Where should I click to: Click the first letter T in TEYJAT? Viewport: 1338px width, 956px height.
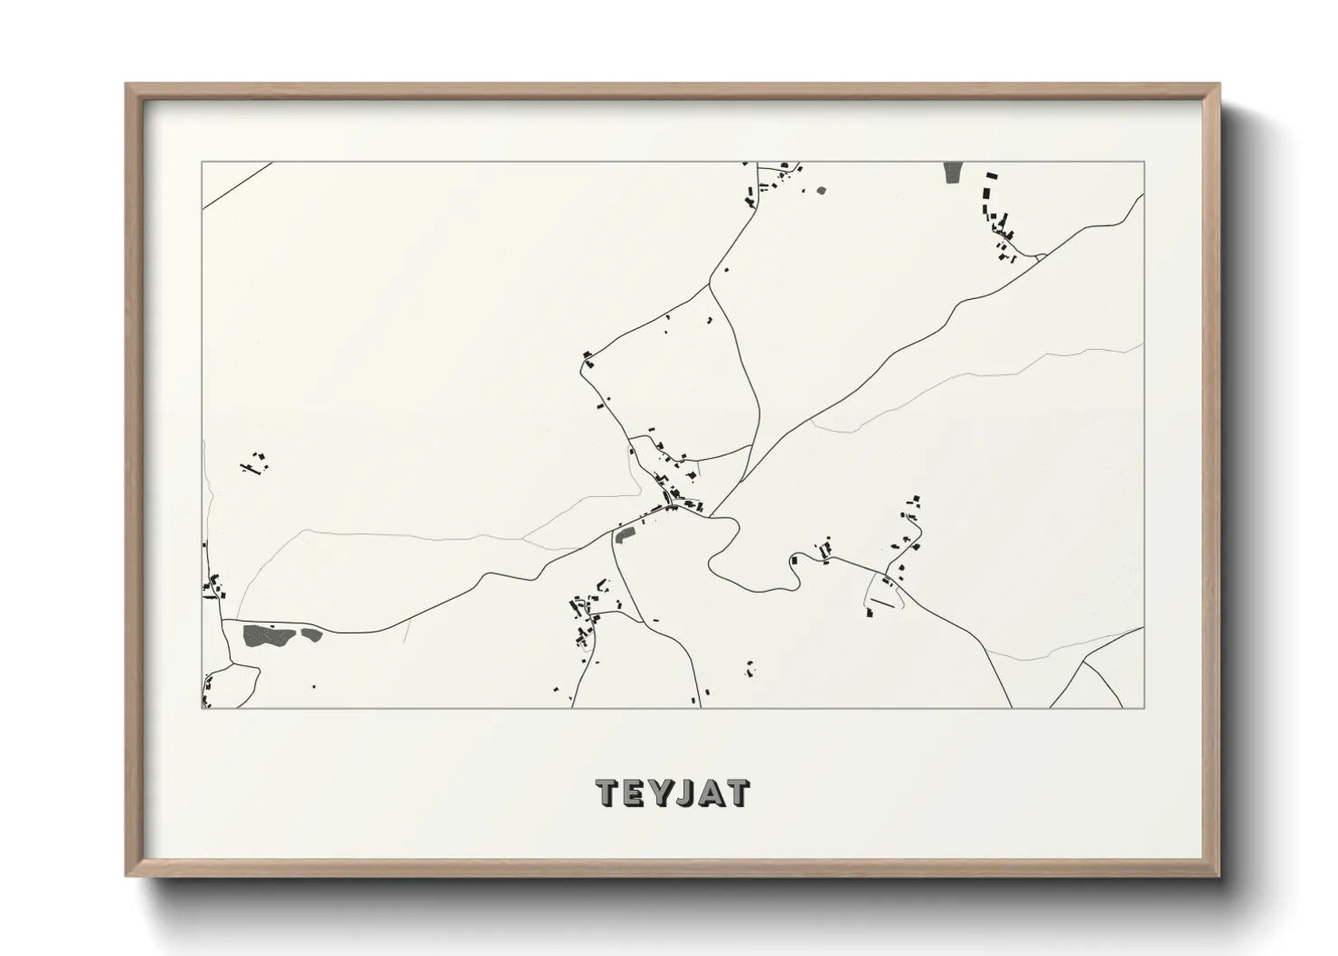[608, 792]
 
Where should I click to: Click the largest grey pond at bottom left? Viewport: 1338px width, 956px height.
[268, 635]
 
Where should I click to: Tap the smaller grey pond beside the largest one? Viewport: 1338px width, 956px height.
[311, 633]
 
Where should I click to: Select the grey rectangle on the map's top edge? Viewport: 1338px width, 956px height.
[953, 173]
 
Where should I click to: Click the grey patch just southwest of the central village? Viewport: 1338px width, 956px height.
[625, 537]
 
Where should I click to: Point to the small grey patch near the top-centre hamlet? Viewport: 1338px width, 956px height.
[821, 191]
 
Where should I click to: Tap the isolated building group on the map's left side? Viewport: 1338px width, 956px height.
[255, 464]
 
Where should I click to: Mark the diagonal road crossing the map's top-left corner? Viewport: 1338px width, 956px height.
[237, 186]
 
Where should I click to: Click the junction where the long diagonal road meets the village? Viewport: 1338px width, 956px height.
[711, 516]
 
